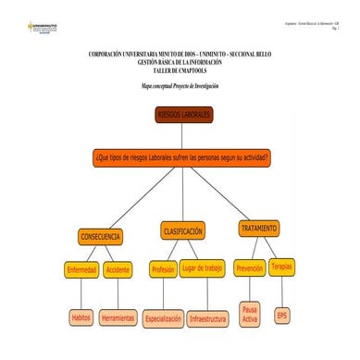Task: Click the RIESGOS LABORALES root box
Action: tap(183, 114)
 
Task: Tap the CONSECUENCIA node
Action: tap(101, 237)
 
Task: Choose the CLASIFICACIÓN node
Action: tap(182, 230)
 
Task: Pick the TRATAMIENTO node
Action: tap(258, 228)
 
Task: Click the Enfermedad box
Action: tap(81, 270)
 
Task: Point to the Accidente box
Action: tap(118, 270)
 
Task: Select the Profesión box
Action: tap(163, 269)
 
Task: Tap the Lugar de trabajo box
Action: tap(203, 268)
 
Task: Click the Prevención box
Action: tap(250, 268)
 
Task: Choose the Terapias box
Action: tap(282, 266)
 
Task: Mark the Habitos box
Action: tap(81, 317)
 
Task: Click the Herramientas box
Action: tap(118, 317)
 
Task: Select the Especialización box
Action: tap(163, 318)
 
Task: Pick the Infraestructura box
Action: tap(207, 318)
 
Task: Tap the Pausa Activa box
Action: tap(249, 314)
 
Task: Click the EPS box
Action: tap(282, 316)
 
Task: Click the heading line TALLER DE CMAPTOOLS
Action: tap(180, 69)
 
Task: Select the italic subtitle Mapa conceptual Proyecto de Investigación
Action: tap(180, 84)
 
